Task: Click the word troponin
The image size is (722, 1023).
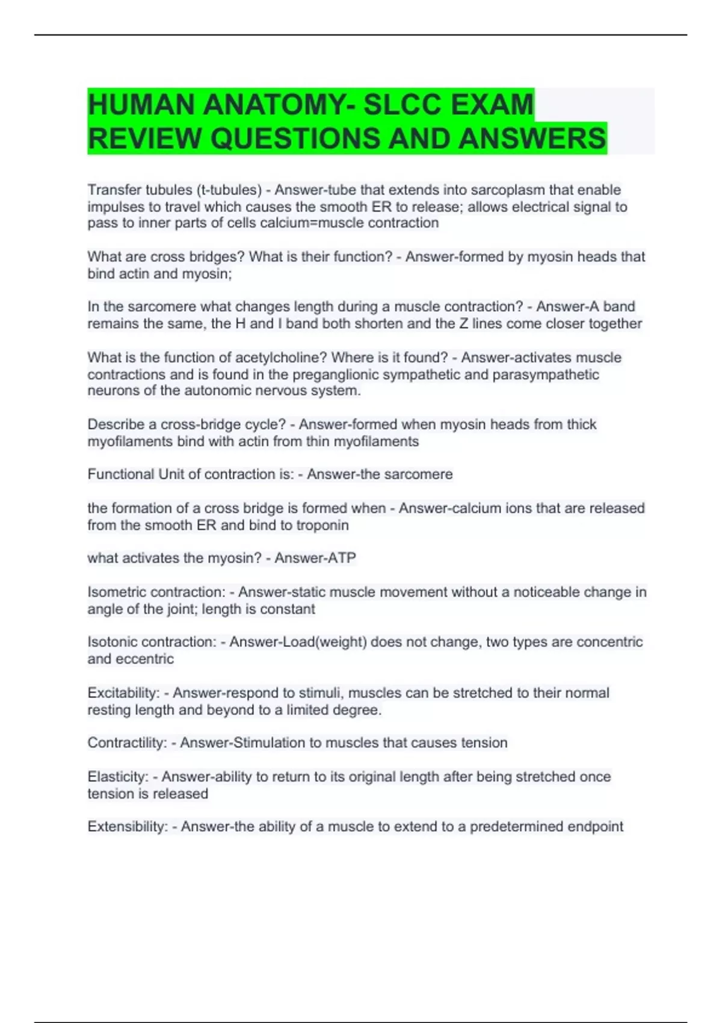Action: click(322, 525)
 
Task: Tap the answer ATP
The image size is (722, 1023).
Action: click(341, 558)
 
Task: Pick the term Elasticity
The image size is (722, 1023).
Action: click(117, 777)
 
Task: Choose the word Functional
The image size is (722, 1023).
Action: click(120, 475)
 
